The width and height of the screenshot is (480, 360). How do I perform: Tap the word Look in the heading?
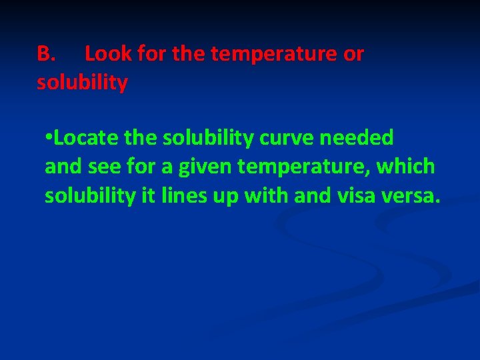(x=108, y=54)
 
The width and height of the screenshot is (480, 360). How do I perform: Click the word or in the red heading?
(x=353, y=54)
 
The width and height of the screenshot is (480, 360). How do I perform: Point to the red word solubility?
(x=82, y=83)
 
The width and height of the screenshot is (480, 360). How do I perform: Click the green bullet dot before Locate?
(x=48, y=138)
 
